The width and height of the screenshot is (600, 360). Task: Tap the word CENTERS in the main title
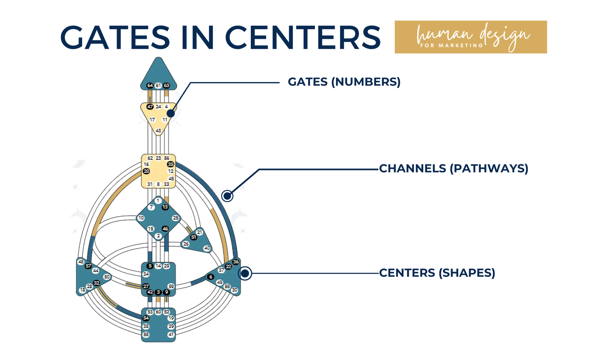(303, 38)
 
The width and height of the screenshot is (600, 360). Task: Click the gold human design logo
(470, 37)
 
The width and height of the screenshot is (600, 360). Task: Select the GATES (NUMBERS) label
(344, 82)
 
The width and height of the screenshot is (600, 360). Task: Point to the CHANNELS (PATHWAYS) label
(454, 168)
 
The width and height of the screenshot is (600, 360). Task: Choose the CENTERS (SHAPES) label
(437, 273)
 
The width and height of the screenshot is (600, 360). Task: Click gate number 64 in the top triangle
(150, 86)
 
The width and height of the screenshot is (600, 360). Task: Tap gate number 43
(158, 131)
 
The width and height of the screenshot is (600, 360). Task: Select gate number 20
(146, 171)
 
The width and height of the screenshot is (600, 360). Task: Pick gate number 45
(171, 179)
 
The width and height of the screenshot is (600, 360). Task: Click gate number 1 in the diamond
(158, 201)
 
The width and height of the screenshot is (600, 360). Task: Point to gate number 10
(141, 218)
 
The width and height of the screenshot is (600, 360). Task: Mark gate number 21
(200, 232)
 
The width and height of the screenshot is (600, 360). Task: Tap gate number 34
(146, 274)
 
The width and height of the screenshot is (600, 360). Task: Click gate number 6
(211, 277)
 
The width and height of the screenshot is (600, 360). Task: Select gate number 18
(82, 290)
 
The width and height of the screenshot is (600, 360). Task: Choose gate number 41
(171, 334)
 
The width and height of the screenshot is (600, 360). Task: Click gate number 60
(158, 312)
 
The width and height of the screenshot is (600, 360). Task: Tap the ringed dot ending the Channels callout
(227, 196)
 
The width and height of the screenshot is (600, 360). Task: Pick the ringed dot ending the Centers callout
(245, 274)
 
